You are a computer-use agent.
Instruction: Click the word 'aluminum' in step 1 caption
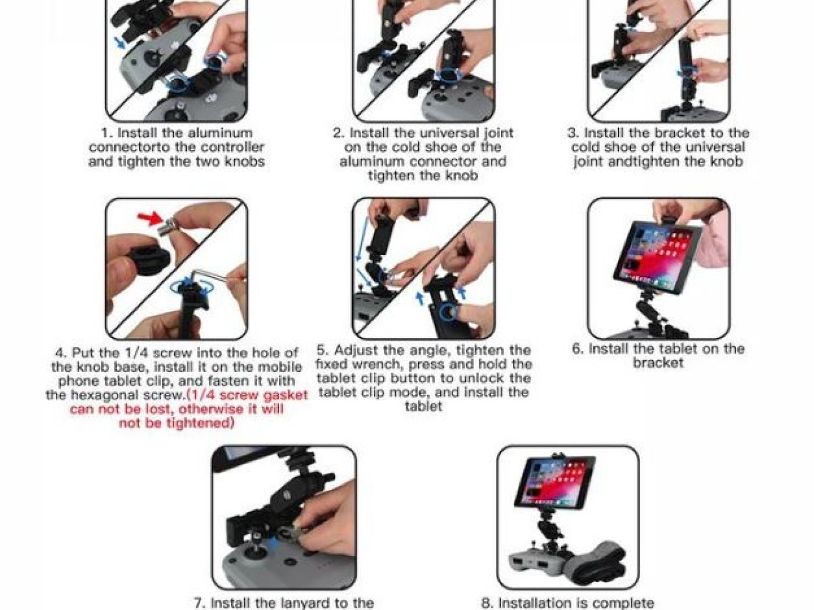[219, 133]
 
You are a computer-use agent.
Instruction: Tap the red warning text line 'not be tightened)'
[176, 423]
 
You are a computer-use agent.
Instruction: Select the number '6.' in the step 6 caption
[577, 349]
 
